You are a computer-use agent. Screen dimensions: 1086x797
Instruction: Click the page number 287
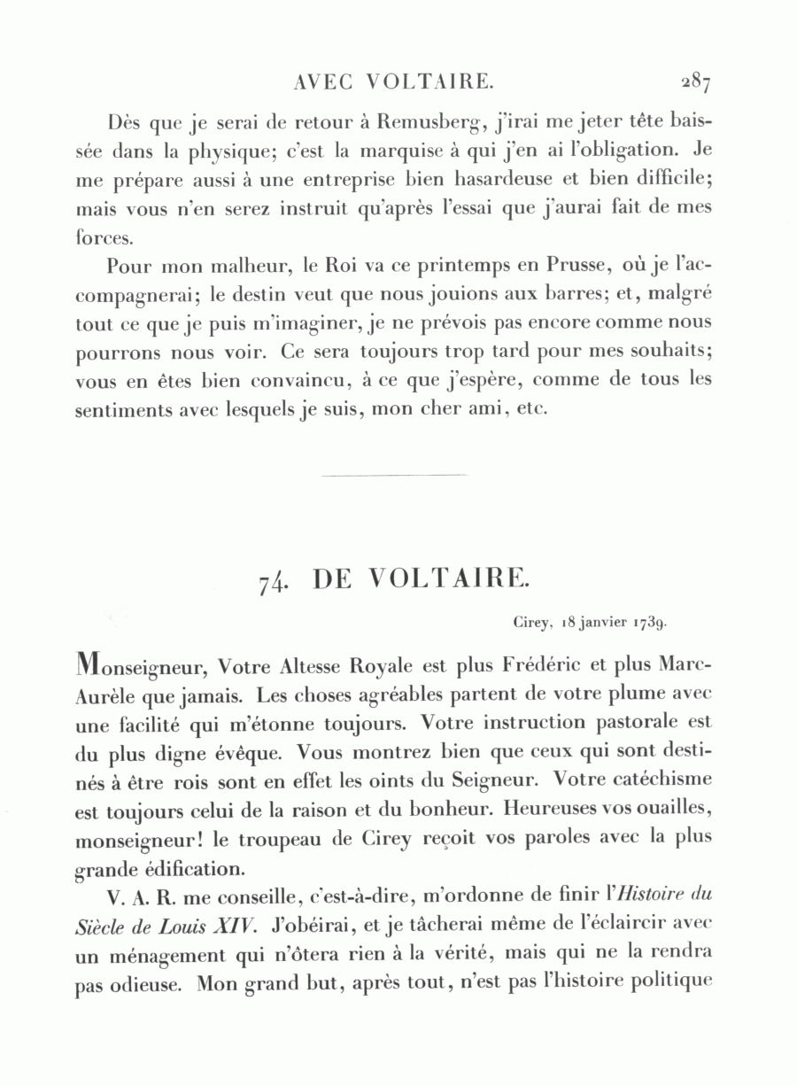coord(696,82)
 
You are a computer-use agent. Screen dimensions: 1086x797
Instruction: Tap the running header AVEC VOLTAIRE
coord(392,82)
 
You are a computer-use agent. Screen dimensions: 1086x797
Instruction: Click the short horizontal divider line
coord(395,476)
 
